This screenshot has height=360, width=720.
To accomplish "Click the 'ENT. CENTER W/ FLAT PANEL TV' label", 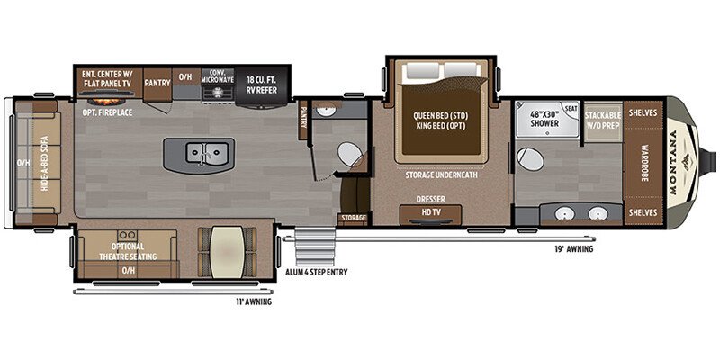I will coord(107,78).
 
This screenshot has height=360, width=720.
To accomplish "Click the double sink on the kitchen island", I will coord(203,154).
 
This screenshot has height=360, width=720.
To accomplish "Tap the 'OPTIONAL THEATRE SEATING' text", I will coord(129,250).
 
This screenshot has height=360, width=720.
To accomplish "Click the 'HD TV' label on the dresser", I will coord(430,212).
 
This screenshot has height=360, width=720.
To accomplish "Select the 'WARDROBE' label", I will coord(644,163).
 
